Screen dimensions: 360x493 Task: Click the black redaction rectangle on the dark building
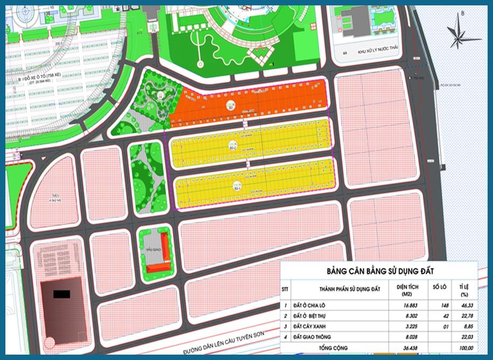63,294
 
